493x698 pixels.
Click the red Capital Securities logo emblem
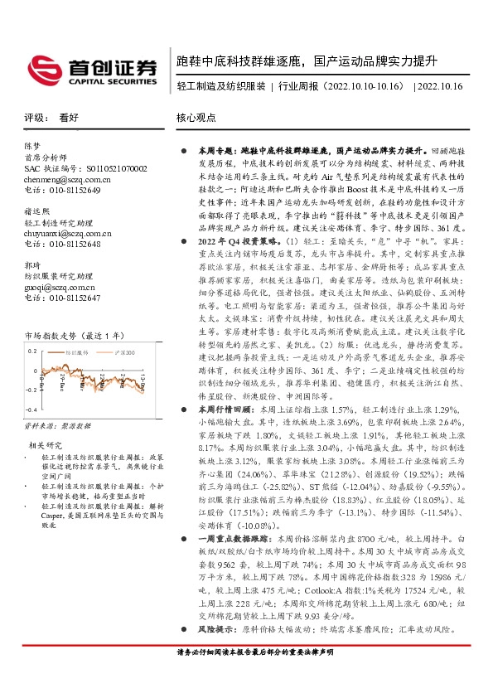[42, 67]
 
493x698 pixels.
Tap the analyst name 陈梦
[32, 146]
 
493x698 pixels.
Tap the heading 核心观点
[194, 118]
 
